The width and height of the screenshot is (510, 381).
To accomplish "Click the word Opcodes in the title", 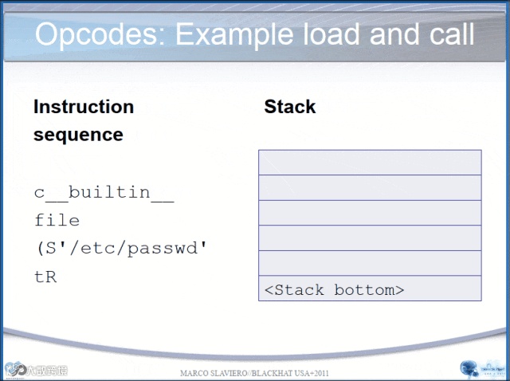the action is coord(99,35).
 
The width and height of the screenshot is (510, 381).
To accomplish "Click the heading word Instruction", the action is coord(84,107).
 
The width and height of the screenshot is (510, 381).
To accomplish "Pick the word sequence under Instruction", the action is coord(78,135).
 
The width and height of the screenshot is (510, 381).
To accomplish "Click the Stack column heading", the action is coord(290,107).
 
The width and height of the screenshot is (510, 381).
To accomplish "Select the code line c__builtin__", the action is coord(104,194).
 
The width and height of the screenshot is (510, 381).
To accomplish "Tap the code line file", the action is coord(57,220).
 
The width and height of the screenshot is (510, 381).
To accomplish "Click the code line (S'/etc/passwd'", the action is coord(121,248).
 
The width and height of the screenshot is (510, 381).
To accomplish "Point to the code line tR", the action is coord(45,277).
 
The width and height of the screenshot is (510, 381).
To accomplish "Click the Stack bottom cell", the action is coord(370,289).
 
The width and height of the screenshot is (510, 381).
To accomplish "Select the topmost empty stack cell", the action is coord(370,163).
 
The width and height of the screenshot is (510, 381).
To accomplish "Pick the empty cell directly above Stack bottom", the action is coord(370,263).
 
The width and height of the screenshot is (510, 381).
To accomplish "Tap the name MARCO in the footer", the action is coord(195,374).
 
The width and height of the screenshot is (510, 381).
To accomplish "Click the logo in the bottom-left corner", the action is coord(36,369).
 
